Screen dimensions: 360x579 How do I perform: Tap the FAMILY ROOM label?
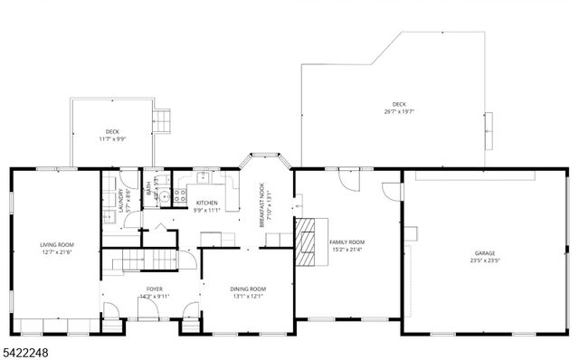click(346, 242)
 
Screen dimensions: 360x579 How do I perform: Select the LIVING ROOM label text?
click(56, 245)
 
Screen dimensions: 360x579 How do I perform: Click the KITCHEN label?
click(206, 203)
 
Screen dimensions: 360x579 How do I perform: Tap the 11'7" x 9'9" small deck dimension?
click(112, 138)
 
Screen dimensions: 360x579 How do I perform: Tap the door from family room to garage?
click(391, 192)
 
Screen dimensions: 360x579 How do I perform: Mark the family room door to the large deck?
click(347, 178)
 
